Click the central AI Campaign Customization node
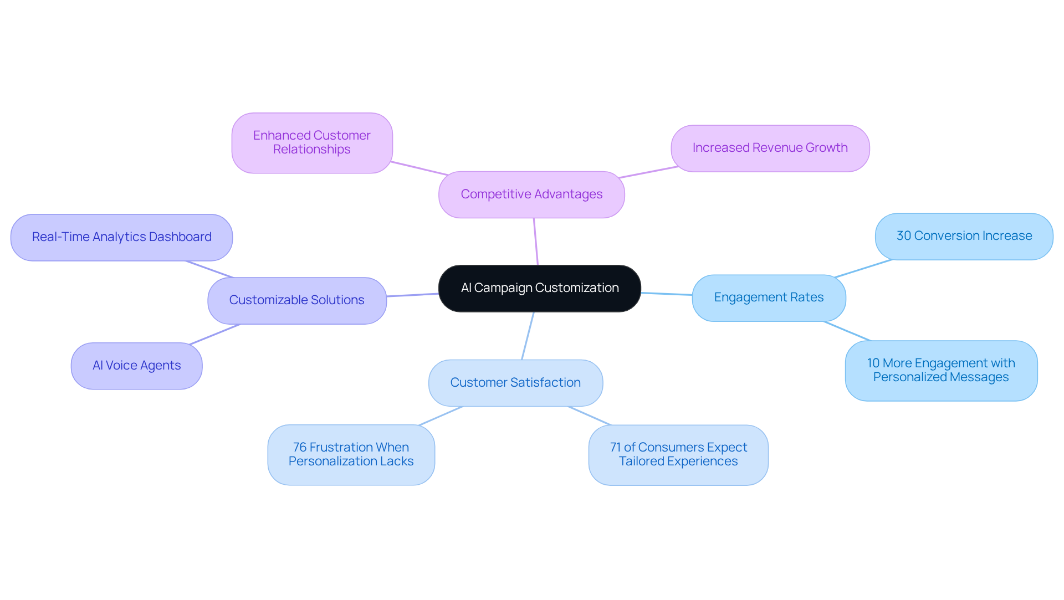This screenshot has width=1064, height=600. coord(539,288)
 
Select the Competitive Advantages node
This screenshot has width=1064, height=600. coord(531,194)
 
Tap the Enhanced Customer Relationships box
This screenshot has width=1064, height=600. coord(312,143)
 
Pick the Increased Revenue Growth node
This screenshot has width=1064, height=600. coord(770,148)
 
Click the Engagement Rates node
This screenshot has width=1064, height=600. coord(769,298)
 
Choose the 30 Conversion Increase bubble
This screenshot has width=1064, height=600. coord(964,236)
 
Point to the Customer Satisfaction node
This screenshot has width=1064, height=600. coord(515,383)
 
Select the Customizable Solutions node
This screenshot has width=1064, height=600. coord(297,300)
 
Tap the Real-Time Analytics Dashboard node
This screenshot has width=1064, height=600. coord(121,237)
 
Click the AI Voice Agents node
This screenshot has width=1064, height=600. coord(136,366)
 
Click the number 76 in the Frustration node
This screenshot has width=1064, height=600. coord(299,448)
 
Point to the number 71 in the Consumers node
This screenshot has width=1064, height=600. coord(615,448)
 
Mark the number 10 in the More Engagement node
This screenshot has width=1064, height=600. coord(873,363)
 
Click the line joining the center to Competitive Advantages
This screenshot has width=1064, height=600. coord(536,242)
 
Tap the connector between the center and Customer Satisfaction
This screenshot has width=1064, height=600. coord(528,336)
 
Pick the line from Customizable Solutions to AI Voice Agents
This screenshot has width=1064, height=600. coord(215,334)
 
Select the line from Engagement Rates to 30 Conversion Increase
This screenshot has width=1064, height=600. coord(863,268)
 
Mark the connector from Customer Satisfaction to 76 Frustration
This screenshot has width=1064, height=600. coord(441,416)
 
